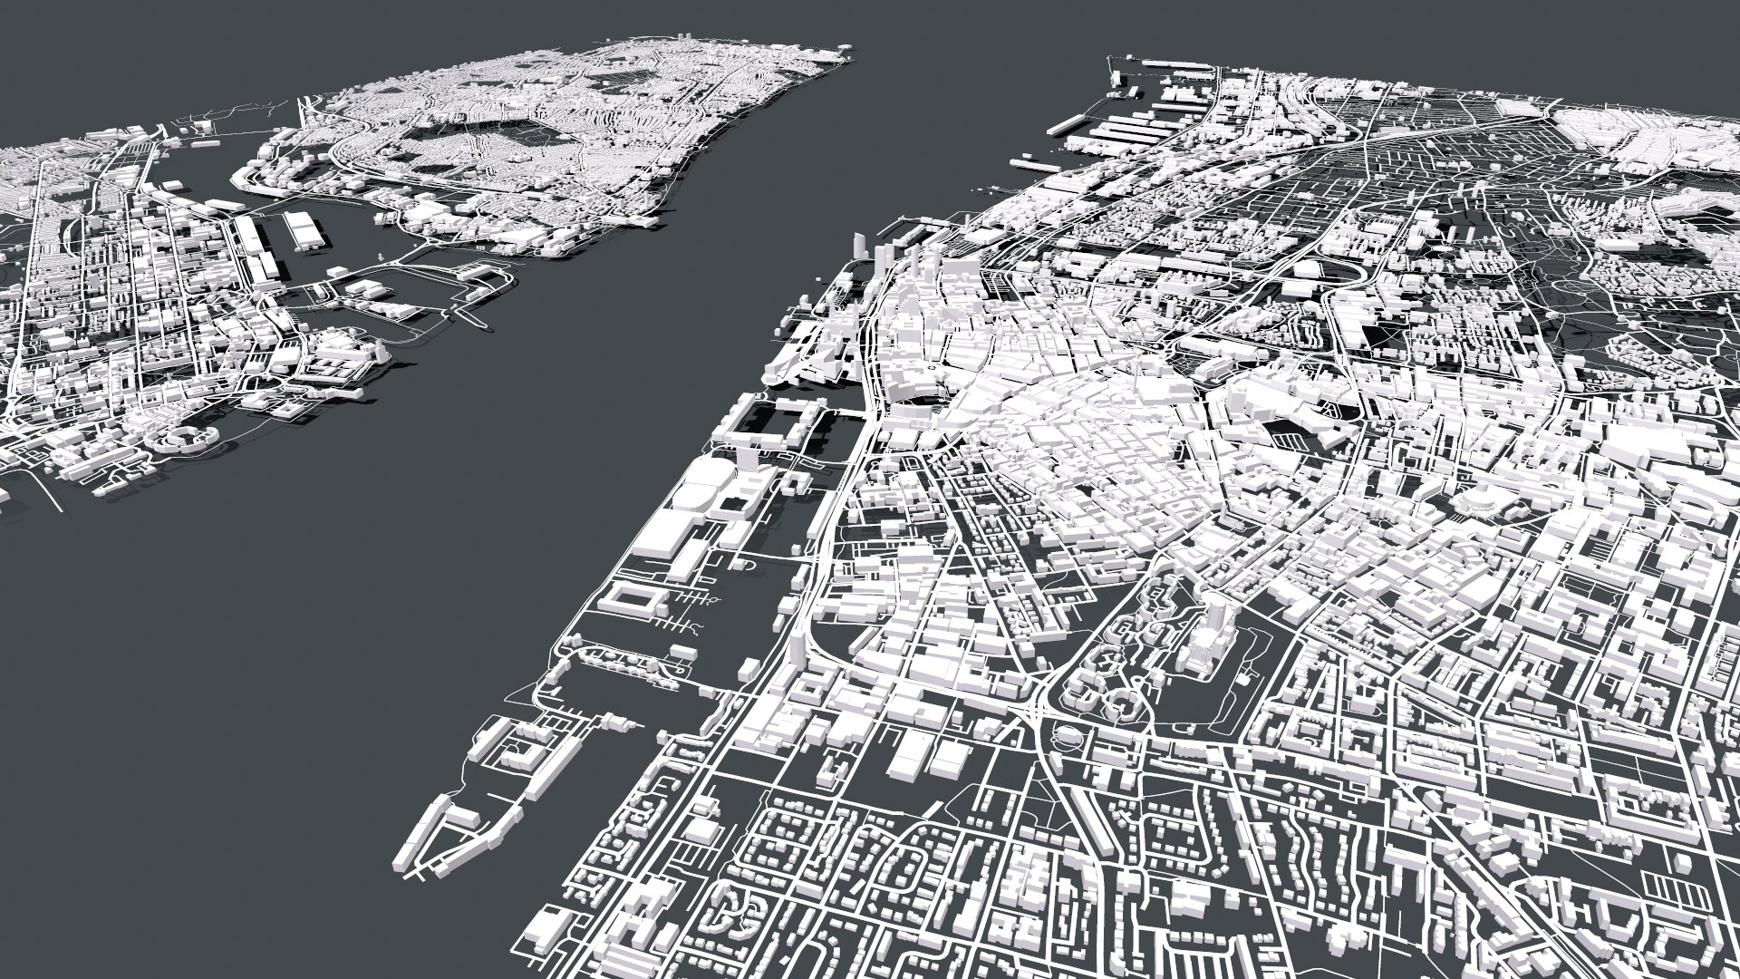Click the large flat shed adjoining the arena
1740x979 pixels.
coord(666,544)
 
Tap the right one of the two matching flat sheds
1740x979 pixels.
coord(952,757)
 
